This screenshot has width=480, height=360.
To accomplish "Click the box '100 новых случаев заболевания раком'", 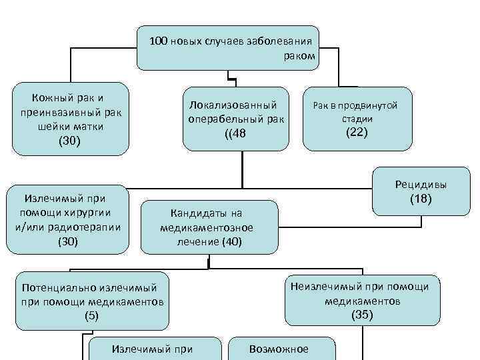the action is pyautogui.click(x=228, y=48).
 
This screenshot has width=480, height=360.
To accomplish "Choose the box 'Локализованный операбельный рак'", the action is pyautogui.click(x=236, y=119).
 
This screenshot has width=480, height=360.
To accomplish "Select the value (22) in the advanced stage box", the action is pyautogui.click(x=357, y=132).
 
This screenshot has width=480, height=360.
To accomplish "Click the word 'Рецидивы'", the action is pyautogui.click(x=421, y=185).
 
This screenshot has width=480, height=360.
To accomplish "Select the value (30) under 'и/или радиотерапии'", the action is pyautogui.click(x=68, y=241).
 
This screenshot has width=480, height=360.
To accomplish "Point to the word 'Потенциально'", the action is pyautogui.click(x=60, y=287).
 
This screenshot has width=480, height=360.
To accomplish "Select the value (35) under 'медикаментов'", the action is pyautogui.click(x=362, y=315).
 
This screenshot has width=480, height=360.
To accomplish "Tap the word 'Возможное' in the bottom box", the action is pyautogui.click(x=278, y=349).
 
